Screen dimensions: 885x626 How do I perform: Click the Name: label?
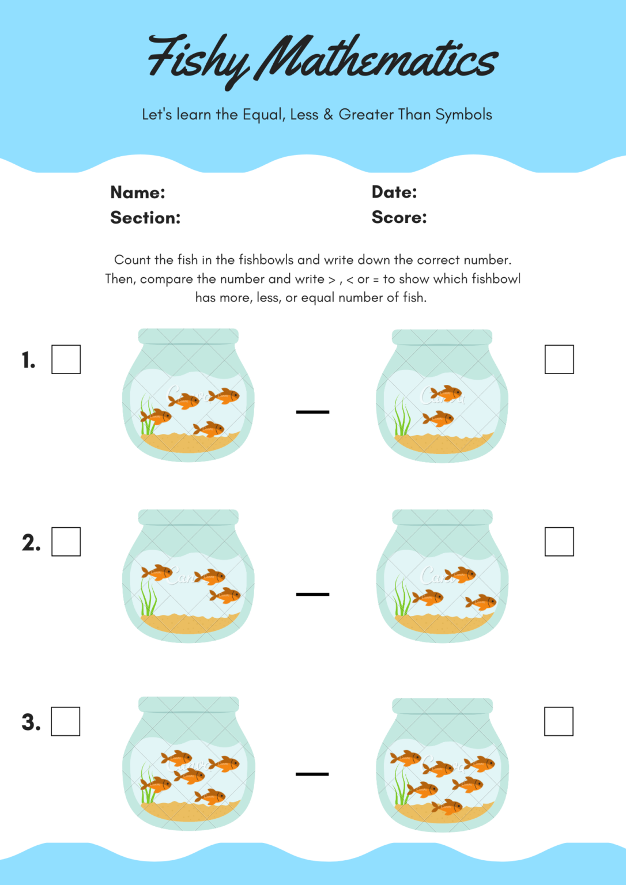[x=138, y=192]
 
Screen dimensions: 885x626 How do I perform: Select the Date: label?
[x=394, y=192]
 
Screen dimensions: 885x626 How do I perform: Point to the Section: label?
[x=145, y=218]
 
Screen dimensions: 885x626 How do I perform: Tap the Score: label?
[x=399, y=217]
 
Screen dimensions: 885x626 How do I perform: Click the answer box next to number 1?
[x=66, y=360]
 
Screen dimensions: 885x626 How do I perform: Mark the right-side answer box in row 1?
[x=559, y=360]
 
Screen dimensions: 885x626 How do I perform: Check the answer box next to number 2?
[x=66, y=542]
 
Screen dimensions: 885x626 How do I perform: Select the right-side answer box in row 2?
[x=559, y=542]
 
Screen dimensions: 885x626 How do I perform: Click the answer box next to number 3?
[x=66, y=721]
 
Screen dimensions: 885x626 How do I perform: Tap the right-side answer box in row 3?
[x=559, y=721]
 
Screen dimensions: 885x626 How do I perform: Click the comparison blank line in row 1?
[x=312, y=412]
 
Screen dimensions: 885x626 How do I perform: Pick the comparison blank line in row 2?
[x=312, y=594]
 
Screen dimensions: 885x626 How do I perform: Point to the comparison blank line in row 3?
[x=312, y=774]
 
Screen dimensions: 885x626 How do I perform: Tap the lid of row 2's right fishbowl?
[x=442, y=517]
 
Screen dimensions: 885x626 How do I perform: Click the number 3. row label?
[x=31, y=723]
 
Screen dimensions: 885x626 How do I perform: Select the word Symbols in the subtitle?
[x=463, y=115]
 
